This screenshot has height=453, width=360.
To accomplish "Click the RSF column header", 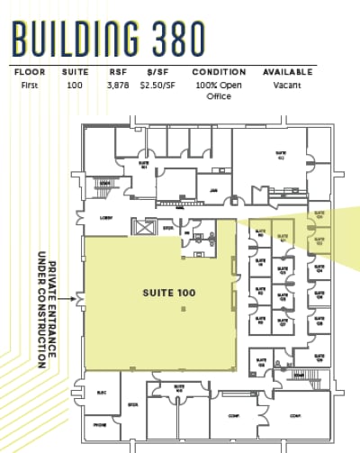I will coord(117,72).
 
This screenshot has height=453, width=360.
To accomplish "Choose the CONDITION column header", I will coord(219,72).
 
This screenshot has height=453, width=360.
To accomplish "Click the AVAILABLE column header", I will coord(288,72).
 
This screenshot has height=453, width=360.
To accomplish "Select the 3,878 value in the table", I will coord(118,85).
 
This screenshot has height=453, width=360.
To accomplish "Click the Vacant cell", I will coord(288,85).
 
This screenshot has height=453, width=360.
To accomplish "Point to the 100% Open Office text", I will coord(219,90).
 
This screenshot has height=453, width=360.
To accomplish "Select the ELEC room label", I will coord(102,393).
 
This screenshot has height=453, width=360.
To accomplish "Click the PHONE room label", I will coord(100,425).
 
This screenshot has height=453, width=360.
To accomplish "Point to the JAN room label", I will coord(213,191).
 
